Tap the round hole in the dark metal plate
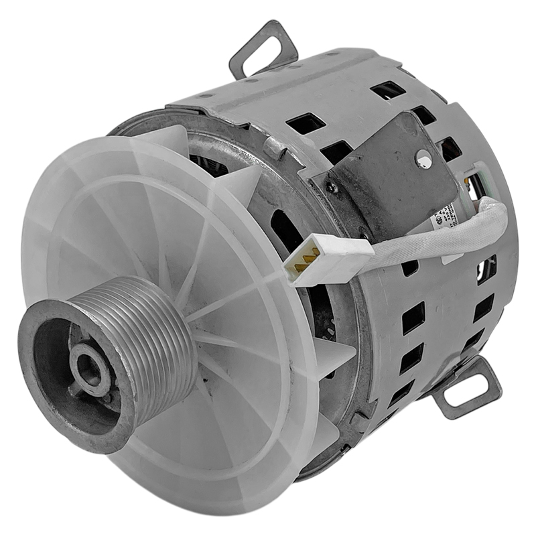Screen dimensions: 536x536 pyautogui.click(x=423, y=159)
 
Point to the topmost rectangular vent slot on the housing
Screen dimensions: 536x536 pyautogui.click(x=388, y=90)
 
